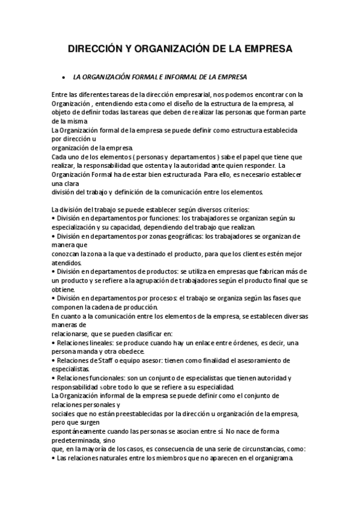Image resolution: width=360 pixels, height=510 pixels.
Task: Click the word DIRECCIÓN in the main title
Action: click(x=93, y=49)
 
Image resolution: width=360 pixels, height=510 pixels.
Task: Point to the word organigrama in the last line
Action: click(x=272, y=458)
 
